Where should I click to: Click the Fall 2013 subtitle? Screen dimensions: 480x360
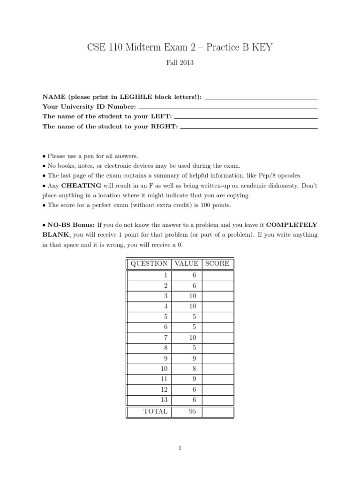180,62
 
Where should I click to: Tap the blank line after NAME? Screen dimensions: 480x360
261,98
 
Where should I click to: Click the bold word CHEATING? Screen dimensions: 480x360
80,186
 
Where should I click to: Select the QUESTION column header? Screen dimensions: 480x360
149,263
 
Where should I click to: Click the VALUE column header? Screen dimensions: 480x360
186,263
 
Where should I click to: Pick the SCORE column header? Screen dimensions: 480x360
217,263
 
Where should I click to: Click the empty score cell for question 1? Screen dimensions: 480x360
217,276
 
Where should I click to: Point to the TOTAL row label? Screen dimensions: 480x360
155,412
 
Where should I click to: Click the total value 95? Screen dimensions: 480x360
192,412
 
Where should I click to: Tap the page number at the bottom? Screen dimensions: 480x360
180,449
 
